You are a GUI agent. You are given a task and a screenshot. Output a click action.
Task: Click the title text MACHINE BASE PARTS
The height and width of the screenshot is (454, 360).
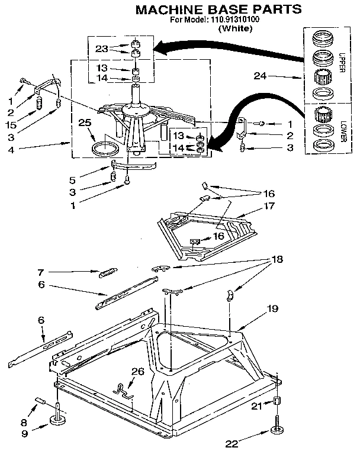pos(218,9)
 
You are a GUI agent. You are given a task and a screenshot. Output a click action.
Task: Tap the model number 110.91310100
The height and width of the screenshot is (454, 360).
pos(235,20)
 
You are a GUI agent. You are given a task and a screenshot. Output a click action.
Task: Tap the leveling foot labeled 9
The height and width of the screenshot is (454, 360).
pos(58,421)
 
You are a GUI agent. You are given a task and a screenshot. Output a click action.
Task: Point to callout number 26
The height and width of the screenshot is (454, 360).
pos(137,372)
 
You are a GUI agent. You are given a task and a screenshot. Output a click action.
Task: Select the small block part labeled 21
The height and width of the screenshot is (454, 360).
pos(277,403)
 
